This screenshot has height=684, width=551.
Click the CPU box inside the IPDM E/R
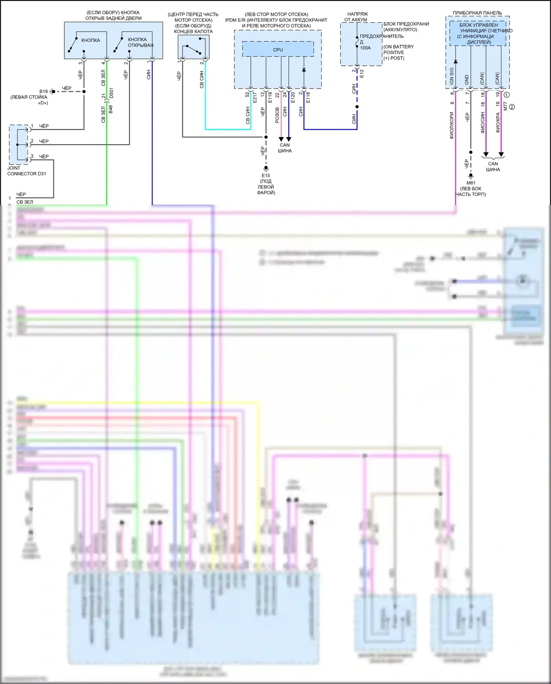(278, 49)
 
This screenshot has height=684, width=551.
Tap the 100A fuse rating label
(365, 48)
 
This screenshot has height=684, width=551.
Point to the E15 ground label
(266, 175)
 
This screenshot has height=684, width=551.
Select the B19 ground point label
(43, 91)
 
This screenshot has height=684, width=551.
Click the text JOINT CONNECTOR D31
(26, 171)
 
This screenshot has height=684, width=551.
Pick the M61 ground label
(471, 183)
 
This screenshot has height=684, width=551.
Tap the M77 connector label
(505, 106)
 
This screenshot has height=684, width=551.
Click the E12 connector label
(362, 73)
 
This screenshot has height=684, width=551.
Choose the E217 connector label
(255, 97)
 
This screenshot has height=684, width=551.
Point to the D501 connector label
(111, 93)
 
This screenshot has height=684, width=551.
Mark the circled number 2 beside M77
(512, 107)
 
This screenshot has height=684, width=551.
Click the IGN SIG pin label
(451, 76)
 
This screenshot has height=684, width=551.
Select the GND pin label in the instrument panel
(467, 79)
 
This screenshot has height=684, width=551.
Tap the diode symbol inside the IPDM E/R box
(304, 69)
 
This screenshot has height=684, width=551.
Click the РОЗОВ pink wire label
(277, 115)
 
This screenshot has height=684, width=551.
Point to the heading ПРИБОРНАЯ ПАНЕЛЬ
(477, 13)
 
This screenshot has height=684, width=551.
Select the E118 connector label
(308, 97)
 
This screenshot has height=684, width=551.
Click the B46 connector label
(111, 109)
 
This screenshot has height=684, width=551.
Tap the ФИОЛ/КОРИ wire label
(452, 125)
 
